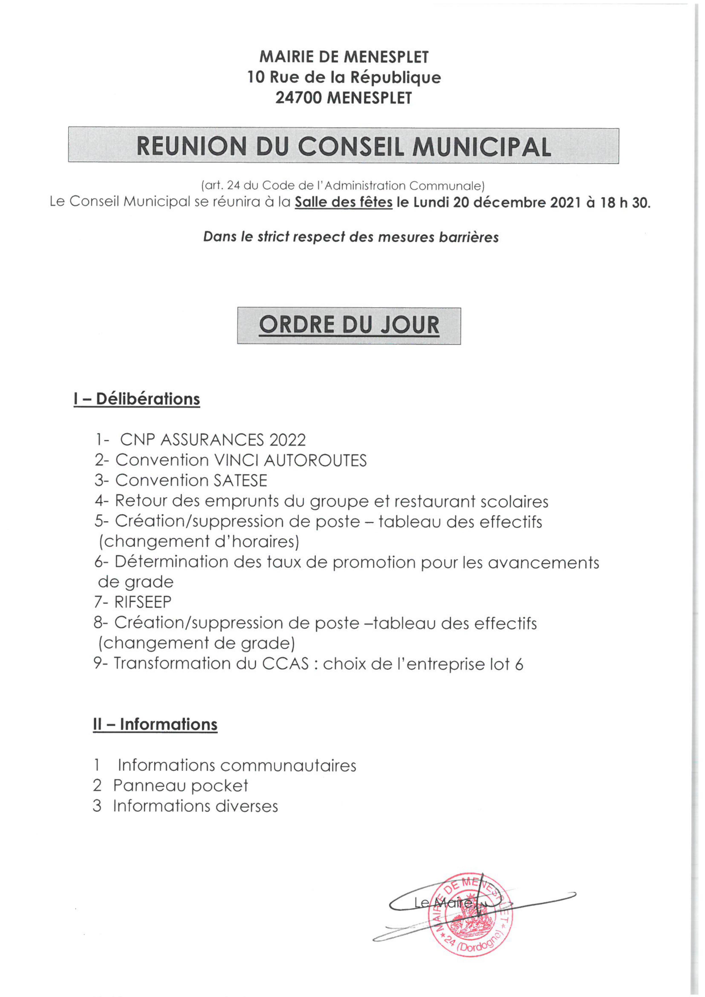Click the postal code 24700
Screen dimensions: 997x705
(x=299, y=98)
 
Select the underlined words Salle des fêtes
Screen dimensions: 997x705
(x=343, y=203)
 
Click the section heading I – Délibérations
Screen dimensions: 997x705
(x=137, y=399)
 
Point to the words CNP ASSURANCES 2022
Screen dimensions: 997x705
(x=213, y=440)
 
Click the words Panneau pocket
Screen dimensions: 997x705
(x=180, y=785)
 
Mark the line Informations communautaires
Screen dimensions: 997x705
(x=237, y=765)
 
